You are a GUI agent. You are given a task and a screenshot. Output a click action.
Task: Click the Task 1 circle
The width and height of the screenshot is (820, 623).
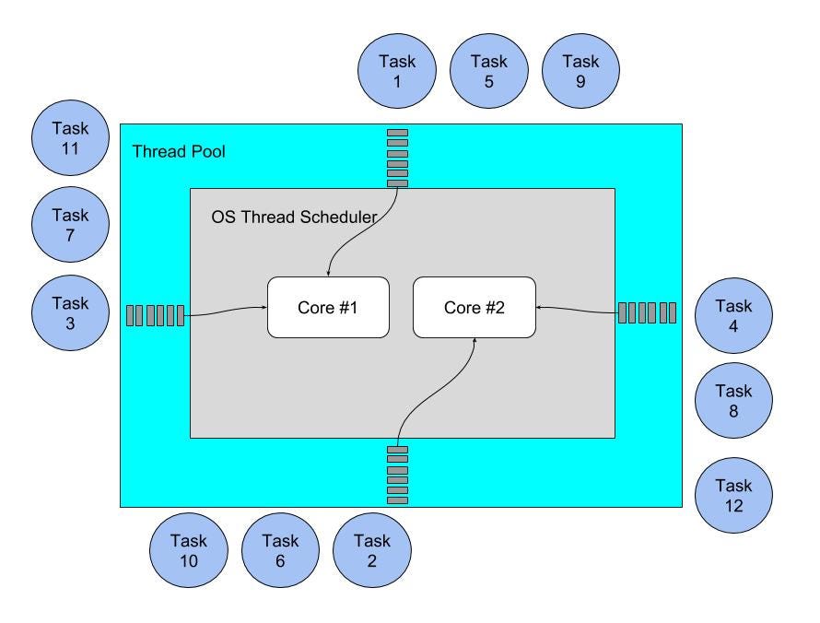(397, 72)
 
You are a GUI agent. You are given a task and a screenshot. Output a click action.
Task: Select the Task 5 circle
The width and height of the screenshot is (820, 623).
(488, 72)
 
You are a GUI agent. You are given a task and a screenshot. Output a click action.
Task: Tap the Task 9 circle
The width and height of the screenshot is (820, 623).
(580, 72)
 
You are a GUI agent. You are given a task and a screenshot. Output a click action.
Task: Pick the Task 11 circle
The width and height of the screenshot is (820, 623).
(70, 138)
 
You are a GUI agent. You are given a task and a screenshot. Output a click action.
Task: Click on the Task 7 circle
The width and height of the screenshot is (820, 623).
(70, 226)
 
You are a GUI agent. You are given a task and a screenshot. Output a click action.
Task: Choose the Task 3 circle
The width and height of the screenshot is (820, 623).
(70, 313)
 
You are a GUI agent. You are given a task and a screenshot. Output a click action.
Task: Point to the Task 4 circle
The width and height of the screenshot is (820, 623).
(733, 316)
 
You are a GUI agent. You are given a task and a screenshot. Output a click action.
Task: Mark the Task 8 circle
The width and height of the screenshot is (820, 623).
(733, 401)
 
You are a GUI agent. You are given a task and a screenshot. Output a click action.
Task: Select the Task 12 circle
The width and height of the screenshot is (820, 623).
(733, 496)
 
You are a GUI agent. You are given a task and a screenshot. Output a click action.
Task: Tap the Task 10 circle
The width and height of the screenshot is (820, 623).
(188, 550)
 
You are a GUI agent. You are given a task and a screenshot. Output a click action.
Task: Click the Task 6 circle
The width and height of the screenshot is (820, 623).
(280, 550)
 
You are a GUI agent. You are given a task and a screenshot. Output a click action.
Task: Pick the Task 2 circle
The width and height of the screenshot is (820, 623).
(371, 550)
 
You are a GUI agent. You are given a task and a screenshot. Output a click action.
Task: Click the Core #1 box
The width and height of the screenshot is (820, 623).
(327, 307)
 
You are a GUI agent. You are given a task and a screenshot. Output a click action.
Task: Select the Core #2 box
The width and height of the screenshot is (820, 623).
(474, 307)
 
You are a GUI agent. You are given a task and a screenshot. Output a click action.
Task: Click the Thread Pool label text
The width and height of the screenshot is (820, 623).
(179, 152)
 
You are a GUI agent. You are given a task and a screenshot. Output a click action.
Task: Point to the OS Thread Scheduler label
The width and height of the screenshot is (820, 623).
(293, 217)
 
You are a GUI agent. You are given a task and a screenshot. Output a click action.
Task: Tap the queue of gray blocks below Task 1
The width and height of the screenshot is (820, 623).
(397, 159)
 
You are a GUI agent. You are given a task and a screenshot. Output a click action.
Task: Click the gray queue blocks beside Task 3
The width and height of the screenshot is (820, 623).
(155, 315)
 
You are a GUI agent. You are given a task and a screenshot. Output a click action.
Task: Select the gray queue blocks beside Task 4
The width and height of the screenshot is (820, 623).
(647, 312)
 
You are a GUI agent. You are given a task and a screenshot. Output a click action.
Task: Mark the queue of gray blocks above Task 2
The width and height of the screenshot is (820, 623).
(397, 475)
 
